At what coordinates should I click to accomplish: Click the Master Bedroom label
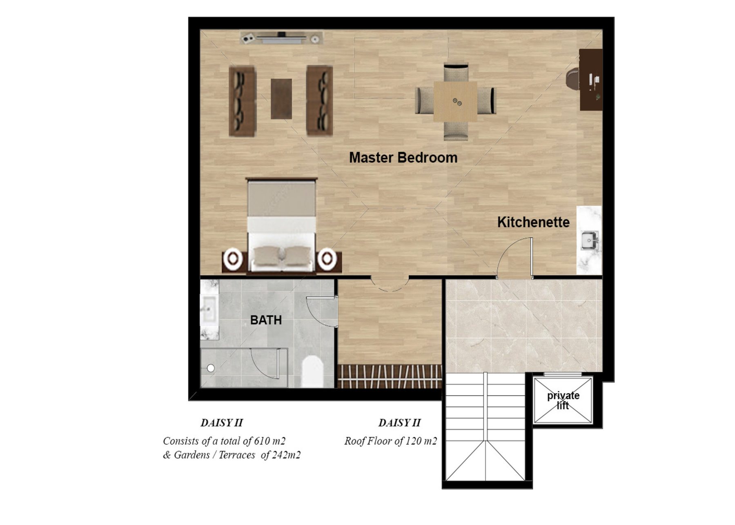[x=403, y=158]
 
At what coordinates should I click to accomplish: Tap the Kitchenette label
[x=533, y=222]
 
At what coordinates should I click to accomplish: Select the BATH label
[x=266, y=320]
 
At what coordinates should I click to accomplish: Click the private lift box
[x=563, y=400]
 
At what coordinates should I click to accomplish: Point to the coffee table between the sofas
[x=281, y=99]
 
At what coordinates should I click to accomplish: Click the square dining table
[x=455, y=101]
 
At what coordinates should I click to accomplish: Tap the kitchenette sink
[x=590, y=240]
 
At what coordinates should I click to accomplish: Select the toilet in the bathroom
[x=312, y=372]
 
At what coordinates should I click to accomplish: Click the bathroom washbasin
[x=209, y=309]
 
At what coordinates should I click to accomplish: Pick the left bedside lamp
[x=233, y=258]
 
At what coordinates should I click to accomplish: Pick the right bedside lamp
[x=327, y=259]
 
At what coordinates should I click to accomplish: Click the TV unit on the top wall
[x=281, y=38]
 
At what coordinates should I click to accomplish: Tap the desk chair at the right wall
[x=572, y=78]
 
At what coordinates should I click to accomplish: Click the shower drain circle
[x=211, y=368]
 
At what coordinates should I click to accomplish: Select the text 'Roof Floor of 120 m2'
[x=391, y=441]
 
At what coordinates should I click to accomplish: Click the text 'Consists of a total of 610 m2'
[x=224, y=441]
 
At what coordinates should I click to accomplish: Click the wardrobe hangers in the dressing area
[x=390, y=376]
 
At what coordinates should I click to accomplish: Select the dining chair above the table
[x=456, y=72]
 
